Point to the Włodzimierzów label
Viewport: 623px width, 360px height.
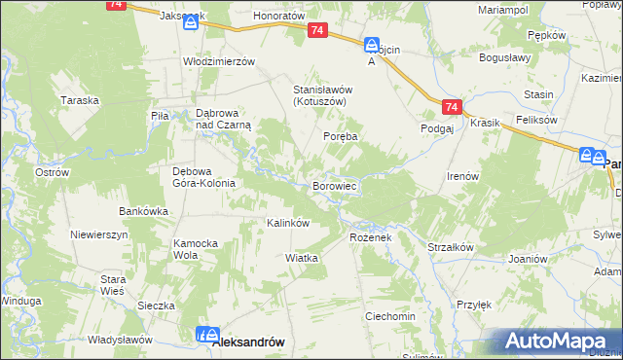(x=219, y=60)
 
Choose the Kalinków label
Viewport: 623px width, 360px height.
(x=288, y=223)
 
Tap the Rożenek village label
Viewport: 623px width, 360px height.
(x=369, y=237)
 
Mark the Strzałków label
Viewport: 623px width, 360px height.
(x=450, y=247)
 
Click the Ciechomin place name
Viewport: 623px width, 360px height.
(x=389, y=317)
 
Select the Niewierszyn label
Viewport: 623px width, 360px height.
(x=99, y=235)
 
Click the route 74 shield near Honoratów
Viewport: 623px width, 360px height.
(x=317, y=32)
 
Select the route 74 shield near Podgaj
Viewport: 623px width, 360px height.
(x=450, y=107)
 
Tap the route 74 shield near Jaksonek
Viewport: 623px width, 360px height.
(x=116, y=5)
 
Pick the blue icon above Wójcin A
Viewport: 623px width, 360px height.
(x=371, y=45)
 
